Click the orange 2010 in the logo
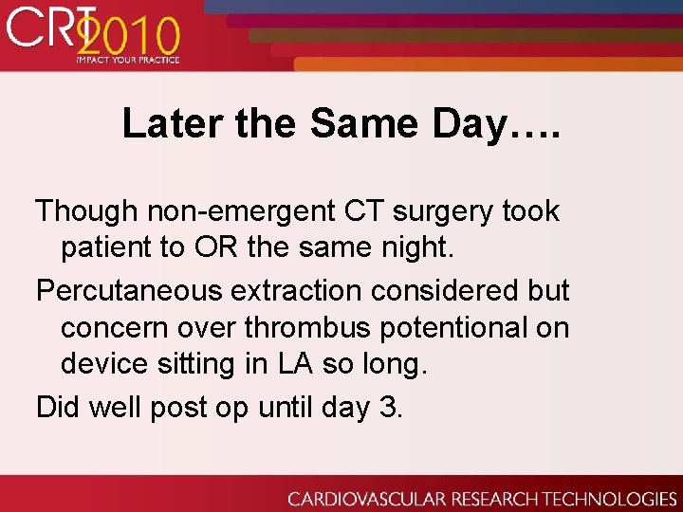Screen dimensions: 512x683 (x=128, y=38)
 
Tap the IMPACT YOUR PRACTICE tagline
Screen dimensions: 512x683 (x=128, y=60)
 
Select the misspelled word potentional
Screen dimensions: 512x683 (x=456, y=328)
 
